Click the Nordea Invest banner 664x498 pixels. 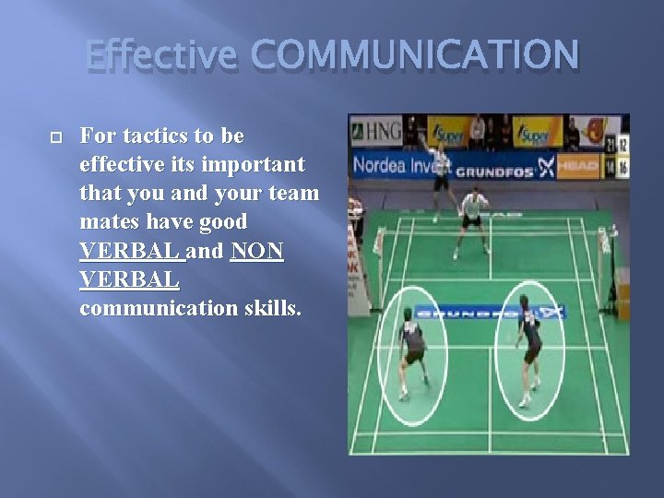399,166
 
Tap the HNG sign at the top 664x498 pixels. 376,132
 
